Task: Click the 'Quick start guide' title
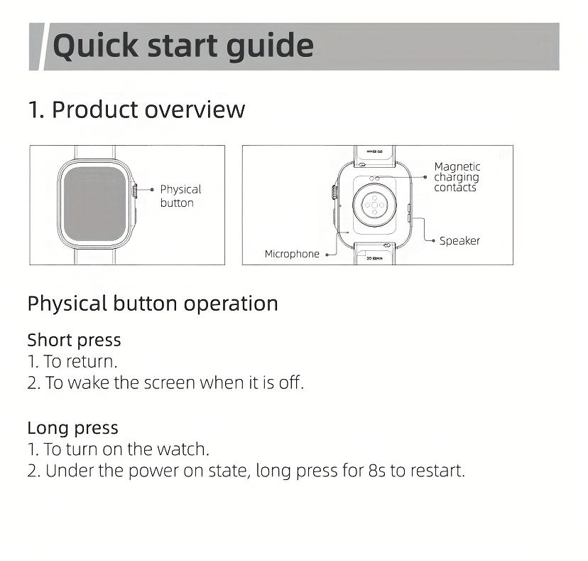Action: tap(183, 46)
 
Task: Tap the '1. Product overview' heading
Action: tap(136, 109)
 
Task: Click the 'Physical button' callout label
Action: tap(180, 196)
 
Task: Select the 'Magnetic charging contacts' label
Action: tap(457, 177)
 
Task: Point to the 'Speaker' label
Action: tap(459, 241)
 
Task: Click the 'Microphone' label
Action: tap(292, 255)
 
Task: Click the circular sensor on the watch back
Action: tap(374, 205)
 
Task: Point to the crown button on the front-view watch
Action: tap(134, 190)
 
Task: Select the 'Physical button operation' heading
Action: tap(153, 304)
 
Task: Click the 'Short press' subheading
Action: tap(75, 340)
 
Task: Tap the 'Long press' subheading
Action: tap(72, 428)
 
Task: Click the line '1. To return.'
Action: tap(72, 362)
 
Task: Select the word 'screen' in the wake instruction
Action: tap(170, 383)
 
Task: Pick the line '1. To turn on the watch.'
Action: tap(118, 449)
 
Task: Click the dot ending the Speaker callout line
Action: tap(433, 241)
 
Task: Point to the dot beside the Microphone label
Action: tap(327, 255)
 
